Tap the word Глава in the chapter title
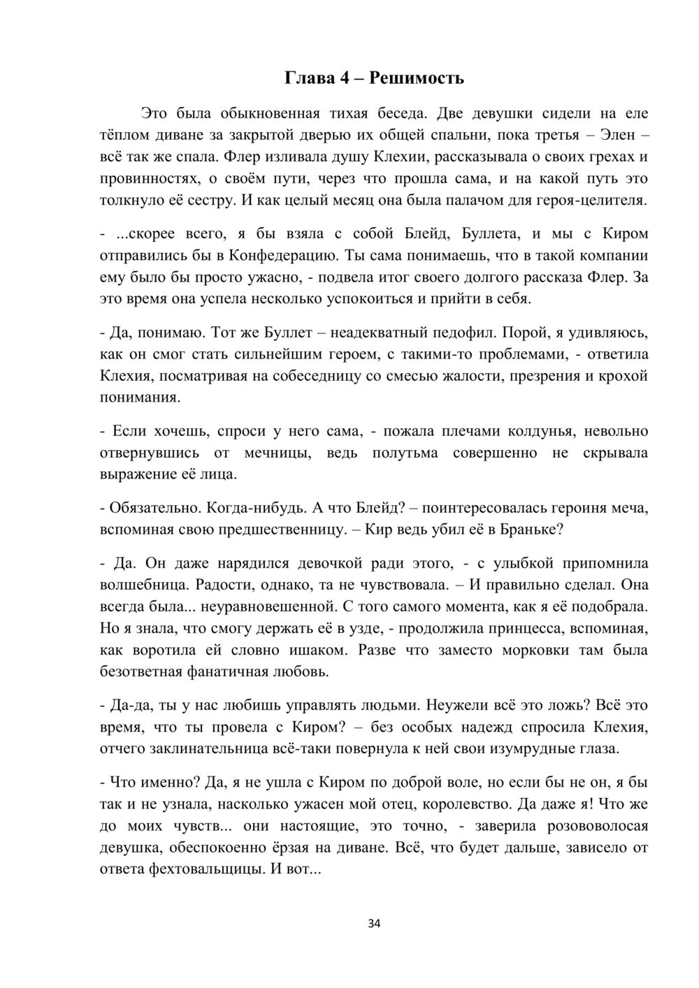(x=310, y=78)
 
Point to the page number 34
(x=374, y=924)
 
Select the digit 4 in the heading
(x=345, y=78)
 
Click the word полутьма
(x=405, y=453)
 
